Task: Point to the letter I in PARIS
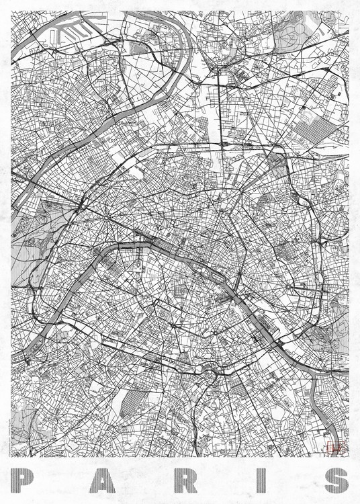click(258, 480)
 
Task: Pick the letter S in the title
click(334, 480)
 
